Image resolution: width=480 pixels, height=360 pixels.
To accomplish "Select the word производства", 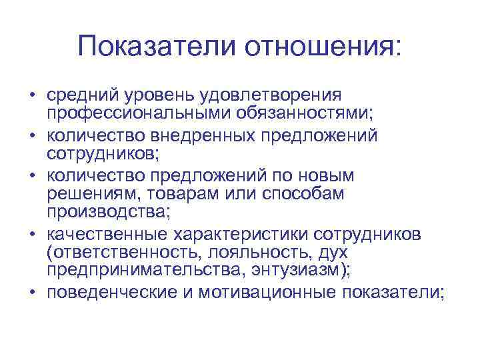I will click(107, 213).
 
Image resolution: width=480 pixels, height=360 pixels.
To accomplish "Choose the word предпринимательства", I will click(127, 272).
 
